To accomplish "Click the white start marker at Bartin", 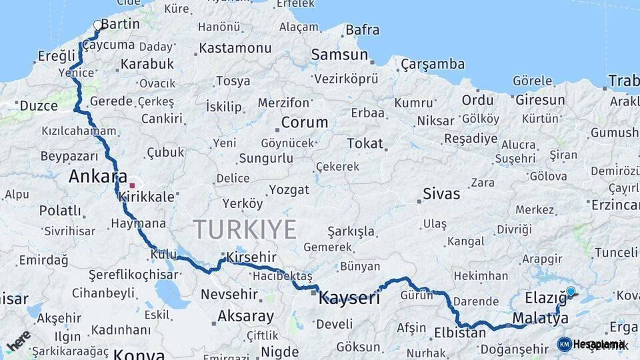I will coord(98,25).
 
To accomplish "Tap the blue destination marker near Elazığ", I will coord(571,291).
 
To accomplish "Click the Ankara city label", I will coord(97,177).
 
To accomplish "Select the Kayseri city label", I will coord(349,297).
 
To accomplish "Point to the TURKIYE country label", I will coord(245,230).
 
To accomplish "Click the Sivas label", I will coord(441,194).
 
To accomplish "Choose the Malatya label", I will coord(540,318).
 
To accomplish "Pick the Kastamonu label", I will coord(235,49).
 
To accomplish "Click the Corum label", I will coord(304,123).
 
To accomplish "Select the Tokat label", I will coord(365,143).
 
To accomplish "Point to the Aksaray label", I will coord(245,316).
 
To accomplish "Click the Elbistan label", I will coord(460,332).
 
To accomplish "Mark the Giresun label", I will coord(540,101).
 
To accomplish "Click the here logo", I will coord(19,340).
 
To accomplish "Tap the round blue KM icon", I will coord(564,344).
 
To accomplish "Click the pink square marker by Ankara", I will coord(132,185).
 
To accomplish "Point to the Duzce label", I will coord(39,106).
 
